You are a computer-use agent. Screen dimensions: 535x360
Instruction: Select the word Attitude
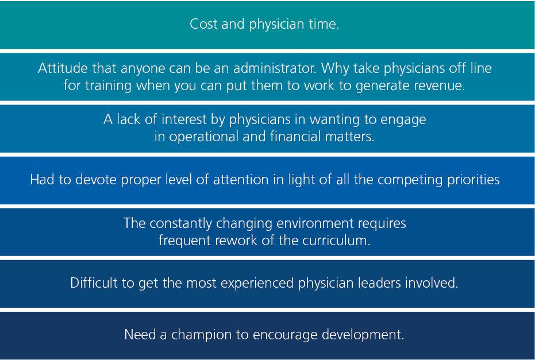[63, 68]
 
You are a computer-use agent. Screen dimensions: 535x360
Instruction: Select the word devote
[96, 180]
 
